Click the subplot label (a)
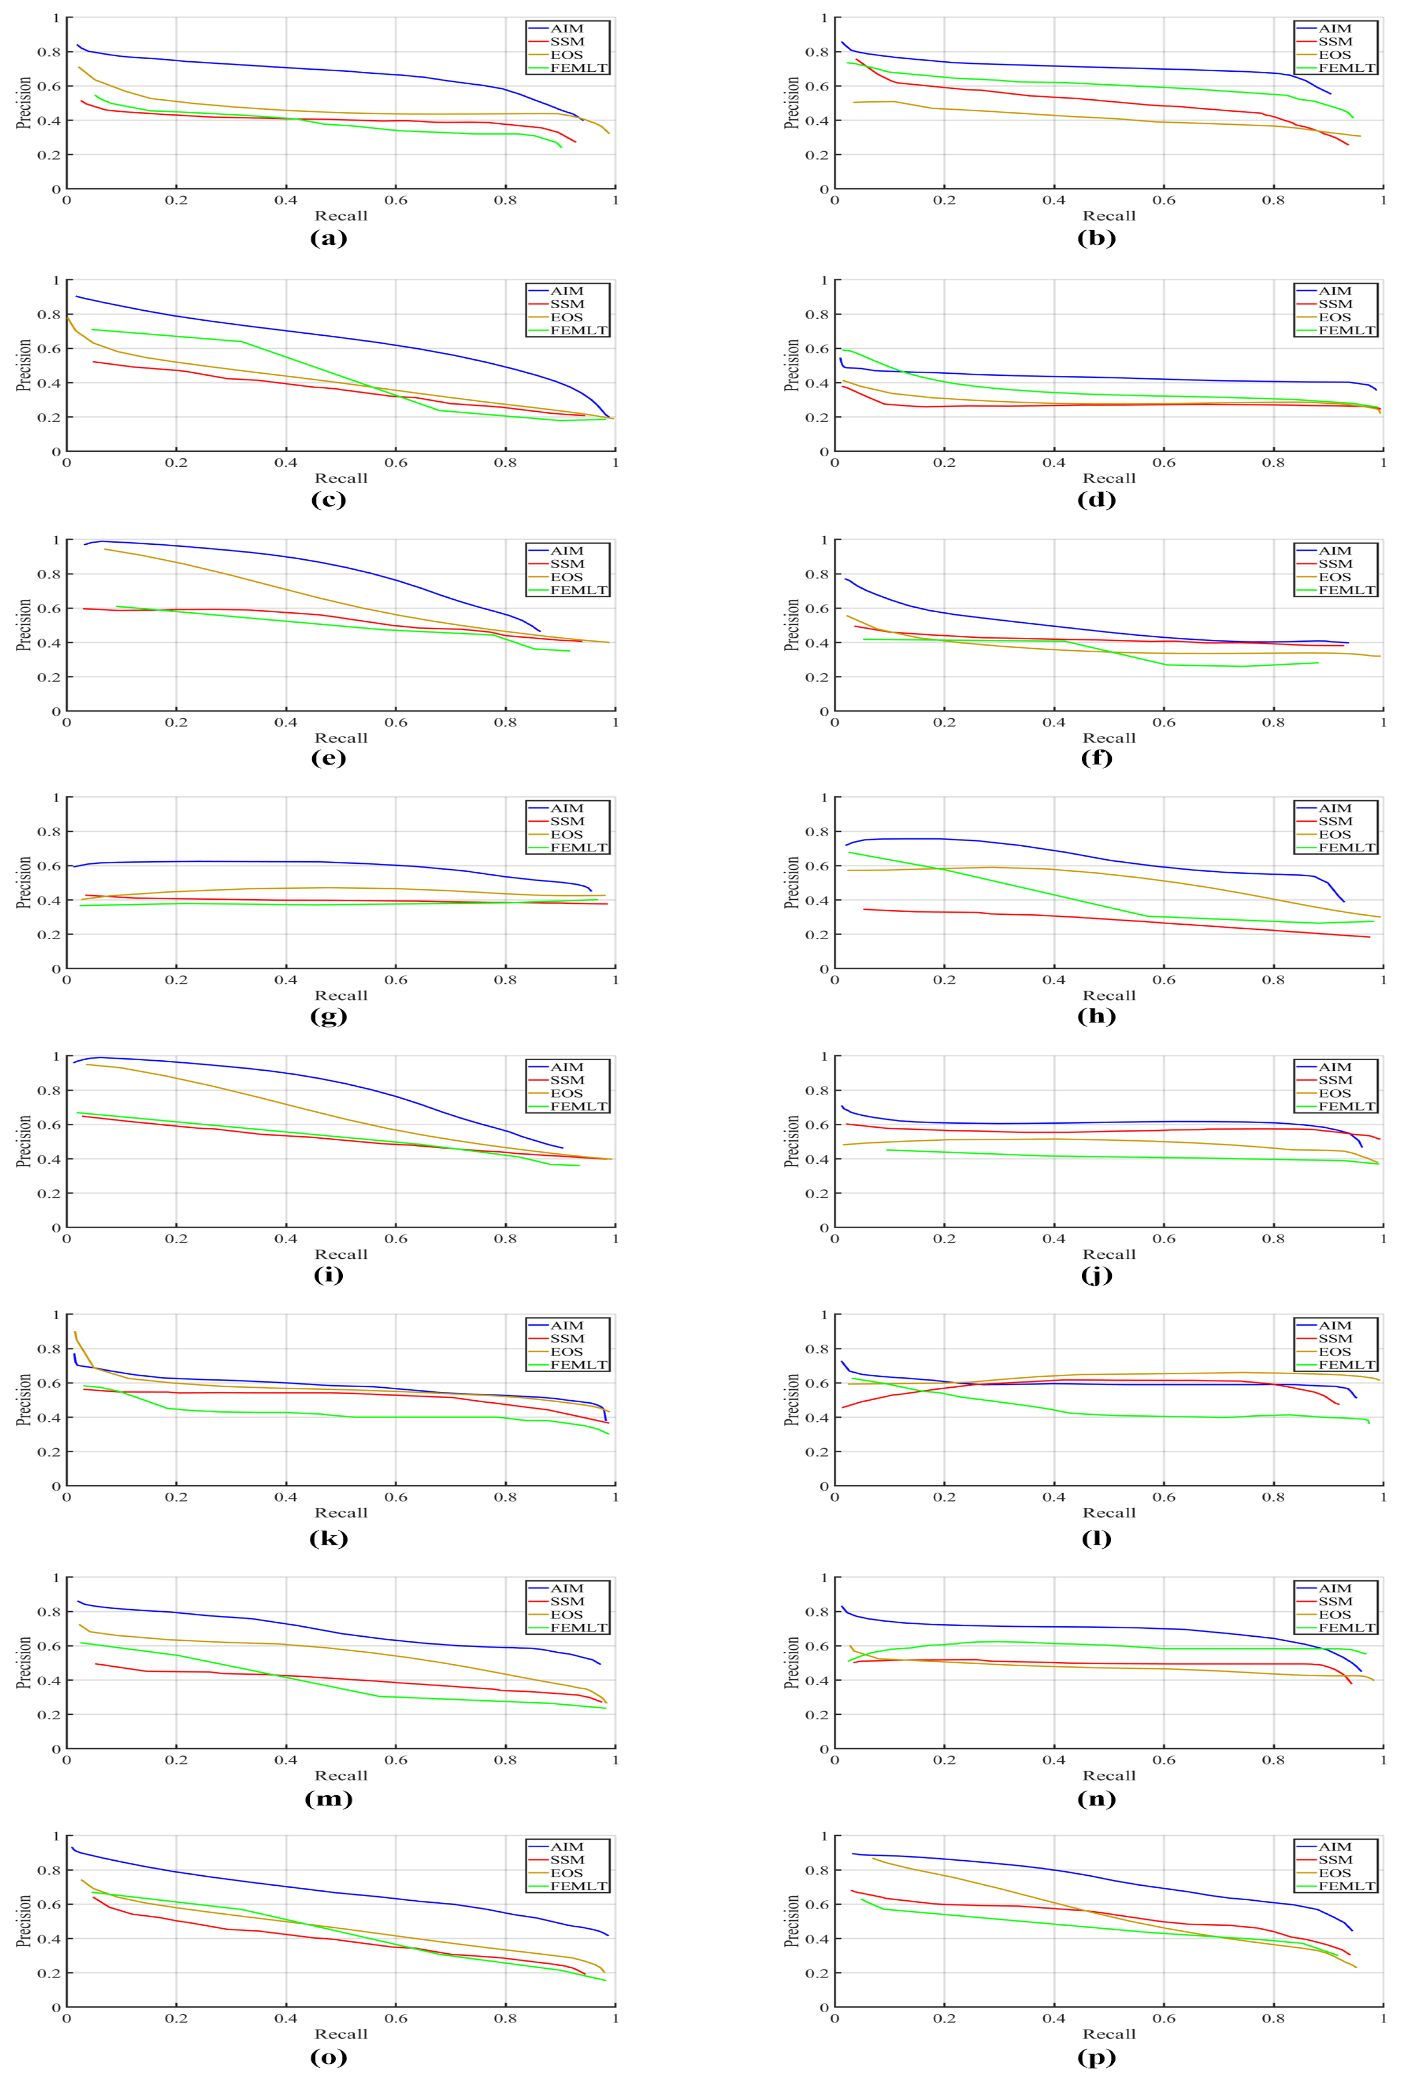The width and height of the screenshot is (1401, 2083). pos(328,238)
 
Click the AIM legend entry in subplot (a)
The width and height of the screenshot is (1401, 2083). pos(566,29)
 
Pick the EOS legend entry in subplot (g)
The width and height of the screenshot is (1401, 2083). pos(566,834)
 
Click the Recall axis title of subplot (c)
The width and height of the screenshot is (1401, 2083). pos(341,478)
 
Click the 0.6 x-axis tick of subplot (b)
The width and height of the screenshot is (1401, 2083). pos(1163,200)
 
